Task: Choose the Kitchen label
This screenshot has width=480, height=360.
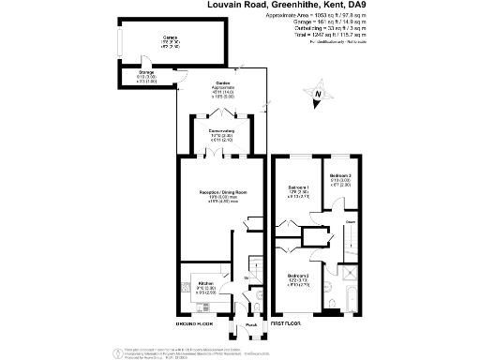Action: point(206,283)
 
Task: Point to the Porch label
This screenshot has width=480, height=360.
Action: point(250,325)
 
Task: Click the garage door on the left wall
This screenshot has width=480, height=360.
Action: point(118,43)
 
